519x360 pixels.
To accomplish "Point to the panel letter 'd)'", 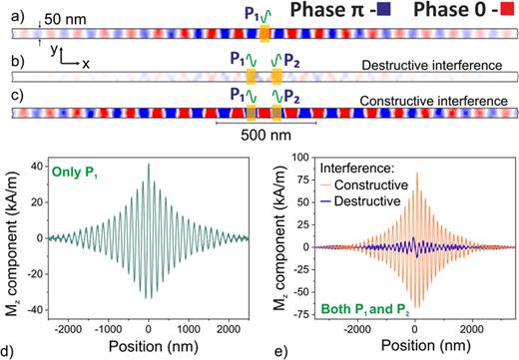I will coord(8,348).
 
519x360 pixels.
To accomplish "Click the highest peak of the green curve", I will coord(149,165).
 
